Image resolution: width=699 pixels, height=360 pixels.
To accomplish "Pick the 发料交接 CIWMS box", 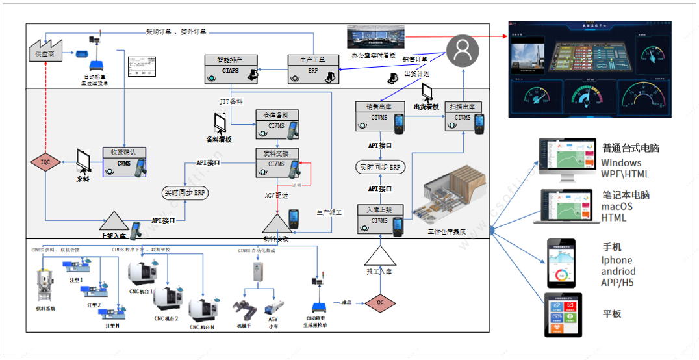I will (275, 163).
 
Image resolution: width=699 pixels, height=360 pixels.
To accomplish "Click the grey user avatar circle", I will (463, 49).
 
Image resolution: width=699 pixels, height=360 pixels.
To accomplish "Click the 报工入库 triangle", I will (379, 260).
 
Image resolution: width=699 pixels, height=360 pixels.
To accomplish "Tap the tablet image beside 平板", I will (563, 315).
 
